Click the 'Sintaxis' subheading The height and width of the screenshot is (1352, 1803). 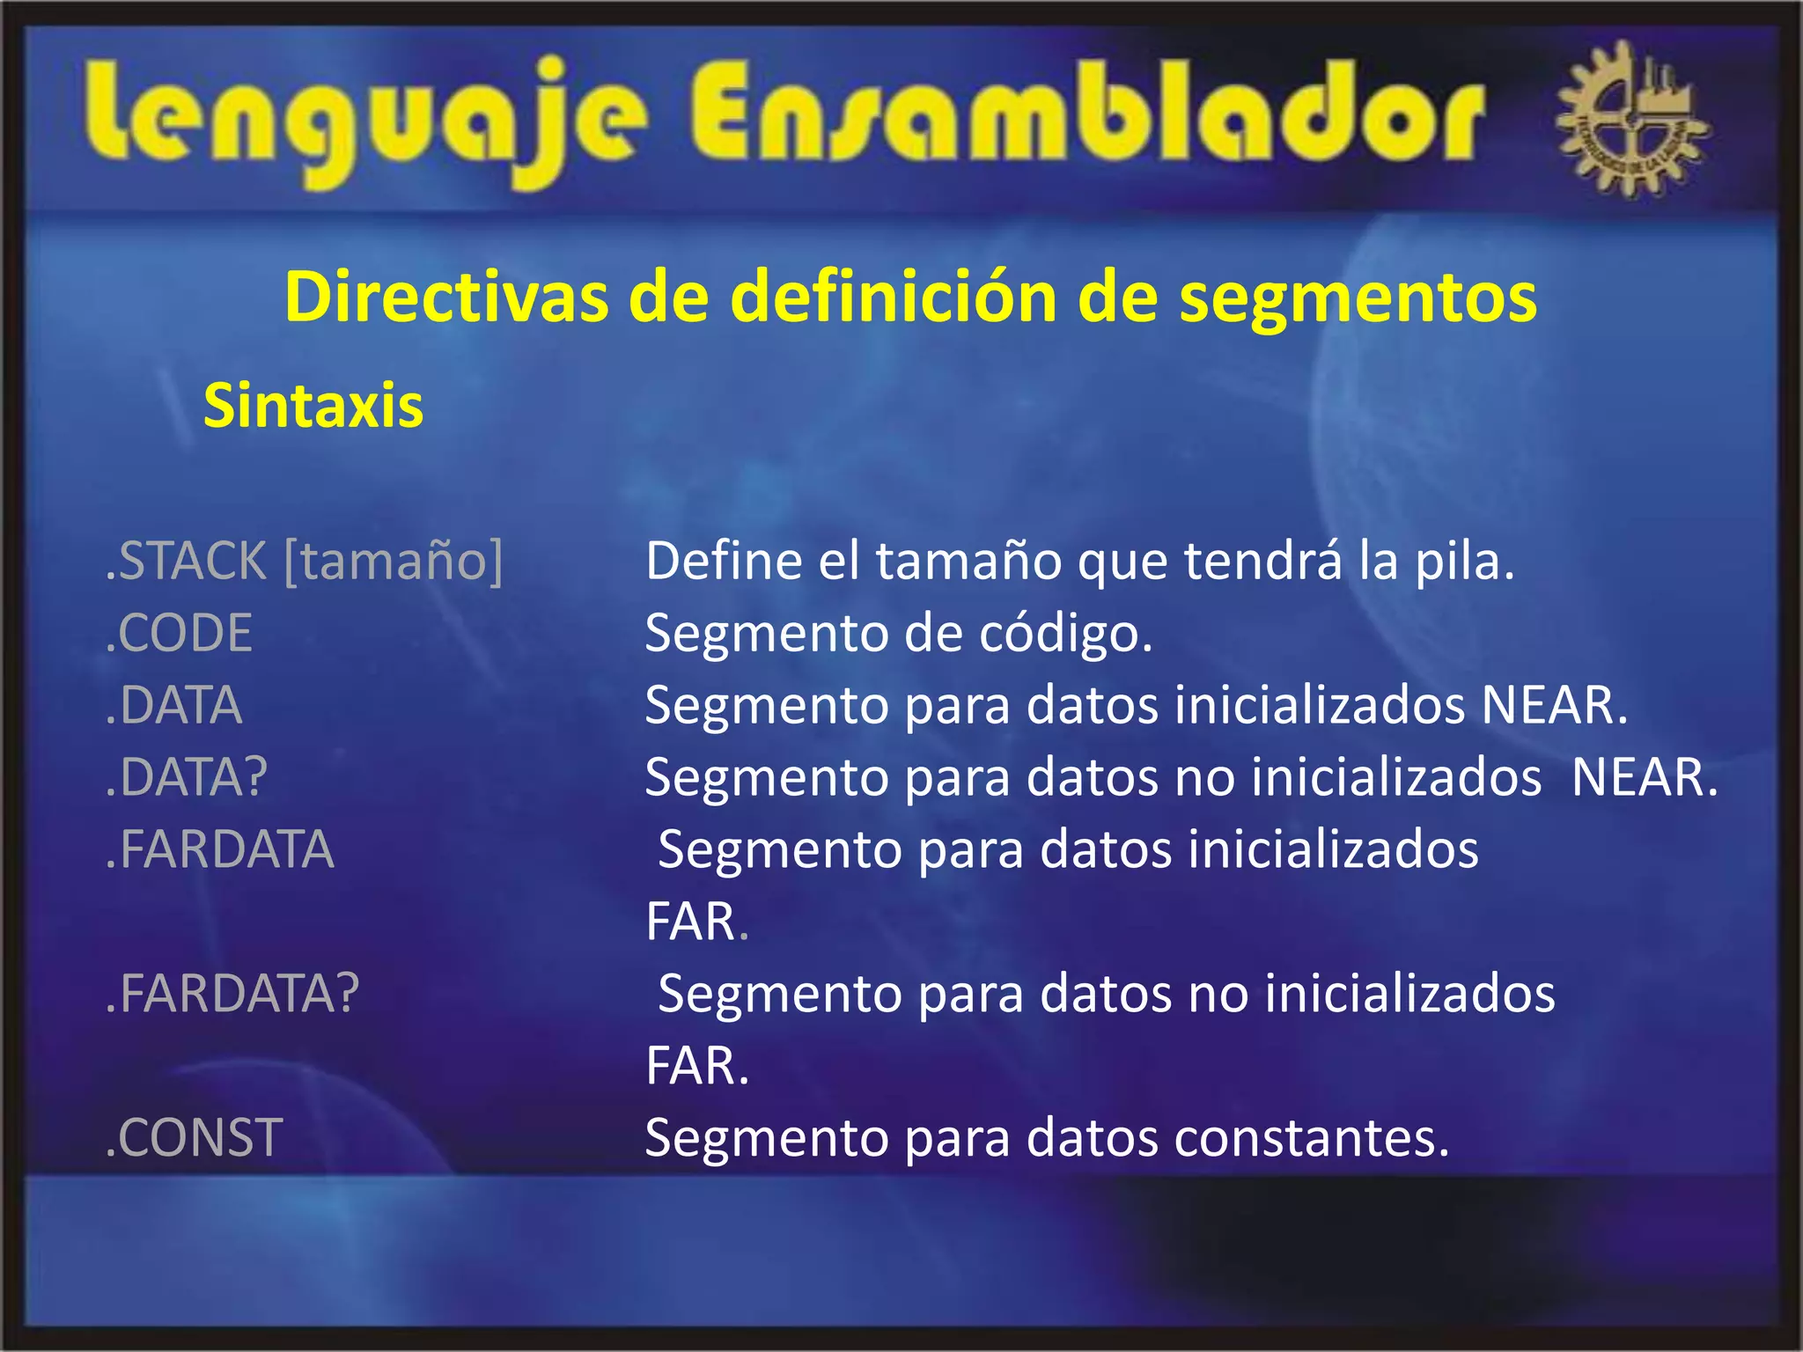(313, 406)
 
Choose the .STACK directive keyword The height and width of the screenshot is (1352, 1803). (186, 561)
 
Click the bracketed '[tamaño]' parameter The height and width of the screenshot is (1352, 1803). (394, 561)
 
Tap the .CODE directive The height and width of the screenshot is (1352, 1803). (179, 633)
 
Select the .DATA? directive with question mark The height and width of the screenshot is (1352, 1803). (186, 777)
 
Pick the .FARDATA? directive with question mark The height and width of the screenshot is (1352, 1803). (232, 994)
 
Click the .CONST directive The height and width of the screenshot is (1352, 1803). (194, 1138)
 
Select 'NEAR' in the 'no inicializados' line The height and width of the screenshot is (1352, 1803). (1644, 777)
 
